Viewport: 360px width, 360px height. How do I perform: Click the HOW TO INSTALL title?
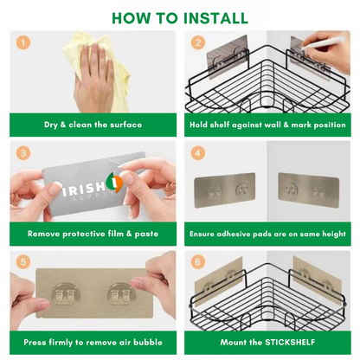[179, 18]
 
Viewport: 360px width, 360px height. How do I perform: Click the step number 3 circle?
[23, 151]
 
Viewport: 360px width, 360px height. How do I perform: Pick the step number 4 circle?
[197, 151]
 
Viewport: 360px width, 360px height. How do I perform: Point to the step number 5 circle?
[23, 260]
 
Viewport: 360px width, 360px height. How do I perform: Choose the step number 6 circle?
[197, 260]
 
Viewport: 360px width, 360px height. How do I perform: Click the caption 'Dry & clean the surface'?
[93, 125]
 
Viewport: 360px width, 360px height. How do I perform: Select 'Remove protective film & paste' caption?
[93, 234]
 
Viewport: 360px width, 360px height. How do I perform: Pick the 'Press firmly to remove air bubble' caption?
[93, 342]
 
